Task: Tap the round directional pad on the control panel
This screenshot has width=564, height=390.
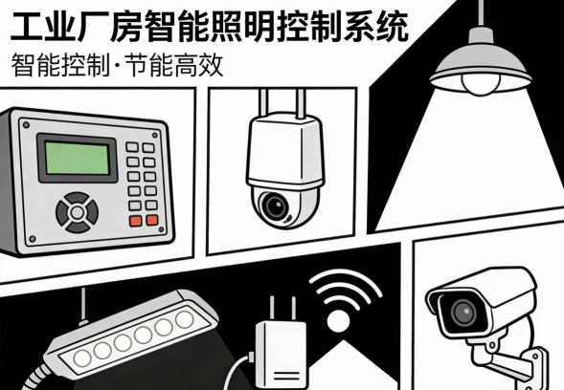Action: tap(76, 210)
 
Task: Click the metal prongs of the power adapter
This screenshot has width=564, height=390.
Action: tap(275, 309)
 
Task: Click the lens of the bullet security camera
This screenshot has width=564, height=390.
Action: tap(464, 311)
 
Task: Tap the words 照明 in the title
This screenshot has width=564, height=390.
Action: tap(279, 24)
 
